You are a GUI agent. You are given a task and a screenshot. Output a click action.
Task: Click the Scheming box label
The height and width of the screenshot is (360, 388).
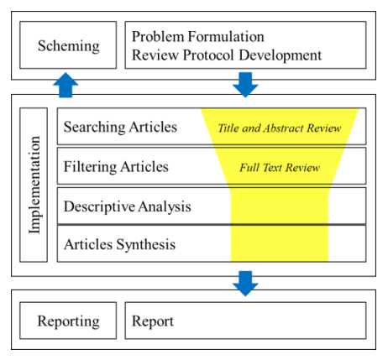(x=69, y=46)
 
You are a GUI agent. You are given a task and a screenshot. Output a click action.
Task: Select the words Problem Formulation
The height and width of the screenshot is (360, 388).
(x=198, y=36)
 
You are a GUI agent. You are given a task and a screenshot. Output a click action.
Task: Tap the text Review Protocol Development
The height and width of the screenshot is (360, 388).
(x=227, y=55)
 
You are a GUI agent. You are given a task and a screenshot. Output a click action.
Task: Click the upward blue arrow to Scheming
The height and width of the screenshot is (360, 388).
(x=66, y=85)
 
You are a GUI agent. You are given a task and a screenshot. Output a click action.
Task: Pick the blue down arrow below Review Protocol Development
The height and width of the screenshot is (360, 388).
(x=245, y=85)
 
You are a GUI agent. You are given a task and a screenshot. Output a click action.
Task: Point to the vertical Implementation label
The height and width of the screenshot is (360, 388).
(x=34, y=185)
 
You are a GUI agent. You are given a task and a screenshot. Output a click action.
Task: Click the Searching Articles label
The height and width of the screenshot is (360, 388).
(x=120, y=127)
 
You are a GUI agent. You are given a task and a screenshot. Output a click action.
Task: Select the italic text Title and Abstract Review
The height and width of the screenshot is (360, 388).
(x=280, y=128)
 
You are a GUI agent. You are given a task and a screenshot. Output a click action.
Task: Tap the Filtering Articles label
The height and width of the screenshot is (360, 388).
(x=116, y=167)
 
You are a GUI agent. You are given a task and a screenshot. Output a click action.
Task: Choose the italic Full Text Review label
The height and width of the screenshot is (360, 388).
(x=280, y=168)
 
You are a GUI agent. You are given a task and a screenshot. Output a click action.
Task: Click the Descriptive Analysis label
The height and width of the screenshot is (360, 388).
(x=128, y=206)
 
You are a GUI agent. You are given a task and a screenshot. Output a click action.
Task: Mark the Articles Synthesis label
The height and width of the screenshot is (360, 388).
(x=120, y=244)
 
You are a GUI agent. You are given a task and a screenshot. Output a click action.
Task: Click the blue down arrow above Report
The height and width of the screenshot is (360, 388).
(x=245, y=284)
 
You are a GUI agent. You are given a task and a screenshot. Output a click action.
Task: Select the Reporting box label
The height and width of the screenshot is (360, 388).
(x=68, y=321)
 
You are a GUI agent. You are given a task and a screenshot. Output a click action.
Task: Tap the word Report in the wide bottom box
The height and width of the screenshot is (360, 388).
(x=153, y=321)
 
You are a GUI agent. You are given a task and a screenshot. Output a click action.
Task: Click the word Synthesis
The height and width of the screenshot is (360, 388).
(x=146, y=244)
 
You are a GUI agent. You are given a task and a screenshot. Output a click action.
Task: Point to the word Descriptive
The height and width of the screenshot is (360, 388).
(x=99, y=206)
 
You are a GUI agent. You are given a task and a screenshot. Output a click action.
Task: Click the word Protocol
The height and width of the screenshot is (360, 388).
(x=208, y=55)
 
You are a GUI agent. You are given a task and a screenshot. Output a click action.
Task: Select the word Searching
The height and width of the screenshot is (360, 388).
(x=95, y=127)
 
